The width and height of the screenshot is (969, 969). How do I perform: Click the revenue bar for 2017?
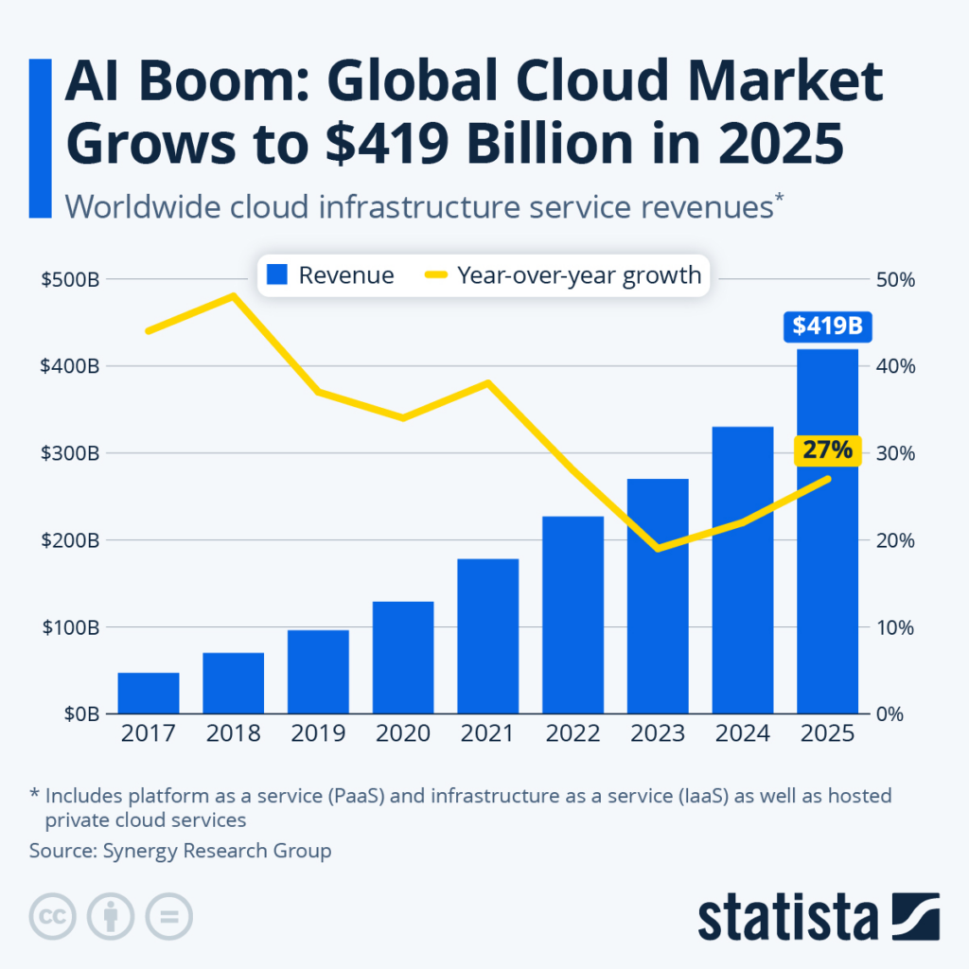[149, 693]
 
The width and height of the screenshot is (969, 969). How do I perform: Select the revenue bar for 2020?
[403, 657]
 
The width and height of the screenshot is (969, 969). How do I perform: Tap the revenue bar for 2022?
[573, 614]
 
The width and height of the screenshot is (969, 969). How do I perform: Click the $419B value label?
[827, 326]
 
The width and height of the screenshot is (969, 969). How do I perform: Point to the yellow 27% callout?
[826, 450]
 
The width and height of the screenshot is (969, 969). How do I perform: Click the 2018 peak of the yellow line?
[233, 296]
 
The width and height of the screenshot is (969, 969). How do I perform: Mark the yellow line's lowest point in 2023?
[658, 548]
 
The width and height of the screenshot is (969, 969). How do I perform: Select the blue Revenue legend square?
[276, 275]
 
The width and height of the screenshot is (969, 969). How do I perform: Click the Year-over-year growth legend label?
[579, 275]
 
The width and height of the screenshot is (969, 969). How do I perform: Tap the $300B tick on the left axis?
[70, 453]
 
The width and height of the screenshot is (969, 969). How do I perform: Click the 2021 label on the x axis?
[487, 734]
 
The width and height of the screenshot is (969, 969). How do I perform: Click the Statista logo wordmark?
[788, 917]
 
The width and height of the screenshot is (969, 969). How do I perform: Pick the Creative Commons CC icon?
[54, 916]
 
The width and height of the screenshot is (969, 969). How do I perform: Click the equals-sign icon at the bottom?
[168, 916]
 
